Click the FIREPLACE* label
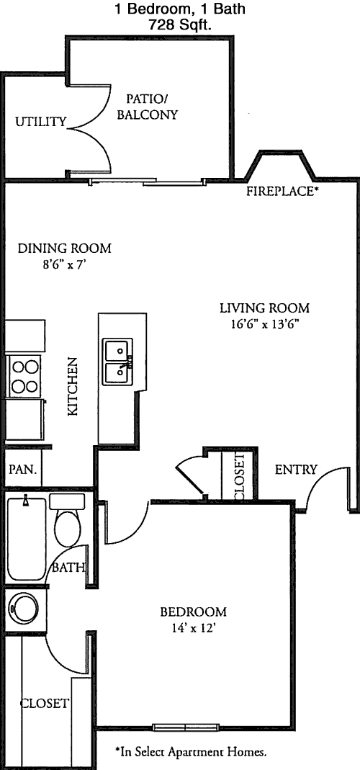pyautogui.click(x=280, y=191)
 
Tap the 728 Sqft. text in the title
pyautogui.click(x=180, y=25)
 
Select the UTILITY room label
pyautogui.click(x=41, y=122)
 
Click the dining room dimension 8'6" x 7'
pyautogui.click(x=64, y=265)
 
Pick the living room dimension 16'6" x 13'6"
pyautogui.click(x=264, y=325)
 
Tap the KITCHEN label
pyautogui.click(x=73, y=387)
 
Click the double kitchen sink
pyautogui.click(x=118, y=362)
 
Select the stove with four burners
pyautogui.click(x=24, y=376)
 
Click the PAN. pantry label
pyautogui.click(x=22, y=469)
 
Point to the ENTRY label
pyautogui.click(x=296, y=470)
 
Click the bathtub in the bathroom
pyautogui.click(x=27, y=539)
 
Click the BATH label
pyautogui.click(x=68, y=568)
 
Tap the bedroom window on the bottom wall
pyautogui.click(x=186, y=728)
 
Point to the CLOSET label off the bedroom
pyautogui.click(x=44, y=703)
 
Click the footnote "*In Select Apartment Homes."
pyautogui.click(x=191, y=751)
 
